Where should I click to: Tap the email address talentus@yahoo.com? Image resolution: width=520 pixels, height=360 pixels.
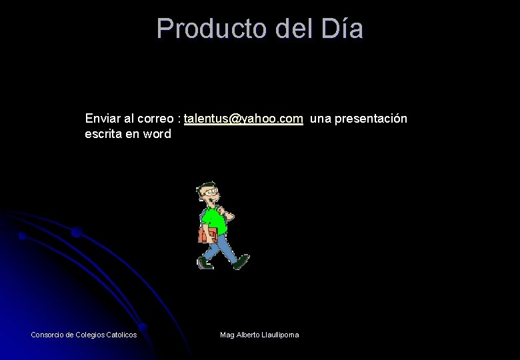[243, 119]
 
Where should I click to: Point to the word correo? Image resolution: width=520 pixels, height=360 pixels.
[156, 119]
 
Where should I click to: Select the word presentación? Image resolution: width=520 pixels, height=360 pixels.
[371, 119]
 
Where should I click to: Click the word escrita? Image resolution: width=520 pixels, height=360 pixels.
[103, 134]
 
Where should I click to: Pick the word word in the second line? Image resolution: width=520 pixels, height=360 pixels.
[157, 134]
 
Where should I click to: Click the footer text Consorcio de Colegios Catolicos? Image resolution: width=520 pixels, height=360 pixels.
[84, 335]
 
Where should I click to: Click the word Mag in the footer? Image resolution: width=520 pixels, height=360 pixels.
[227, 335]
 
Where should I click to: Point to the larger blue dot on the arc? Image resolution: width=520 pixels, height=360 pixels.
[76, 232]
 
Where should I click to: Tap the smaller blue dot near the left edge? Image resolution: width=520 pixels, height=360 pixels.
[22, 236]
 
